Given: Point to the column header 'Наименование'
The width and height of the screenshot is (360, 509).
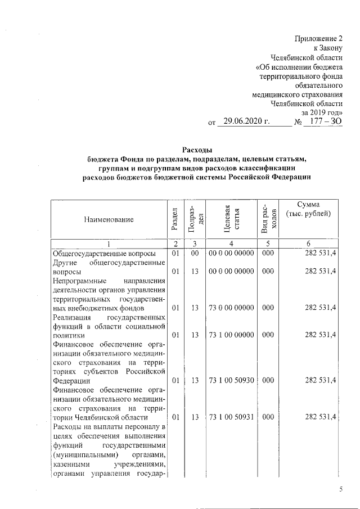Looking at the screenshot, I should (x=110, y=219).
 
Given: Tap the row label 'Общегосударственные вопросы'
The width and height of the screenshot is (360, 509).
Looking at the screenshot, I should (x=101, y=254).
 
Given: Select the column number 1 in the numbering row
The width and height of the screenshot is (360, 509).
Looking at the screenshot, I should (x=110, y=244).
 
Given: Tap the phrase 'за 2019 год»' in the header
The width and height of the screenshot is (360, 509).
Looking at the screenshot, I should (x=321, y=111).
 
